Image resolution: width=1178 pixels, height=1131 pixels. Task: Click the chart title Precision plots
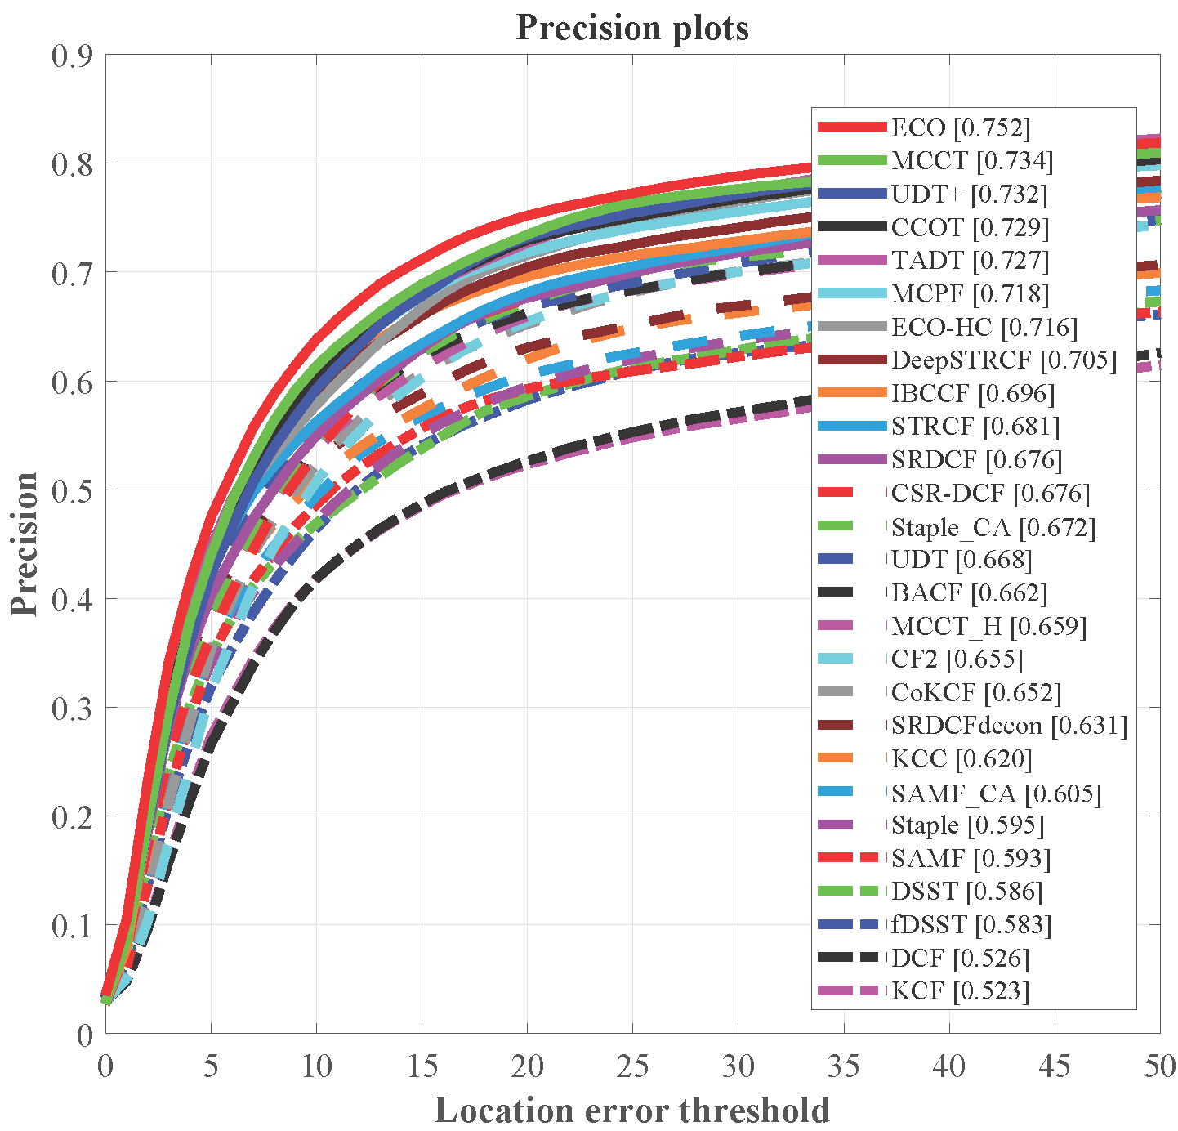(x=632, y=28)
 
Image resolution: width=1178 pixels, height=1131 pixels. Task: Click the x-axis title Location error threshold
(x=632, y=1111)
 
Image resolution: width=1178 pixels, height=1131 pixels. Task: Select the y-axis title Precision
(x=25, y=543)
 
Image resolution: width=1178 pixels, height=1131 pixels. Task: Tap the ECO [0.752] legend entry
(x=961, y=127)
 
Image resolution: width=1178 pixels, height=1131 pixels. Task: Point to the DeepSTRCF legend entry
(x=1004, y=360)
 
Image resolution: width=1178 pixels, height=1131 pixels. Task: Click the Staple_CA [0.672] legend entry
(x=993, y=527)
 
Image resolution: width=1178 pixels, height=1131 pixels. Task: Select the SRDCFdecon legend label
(x=1009, y=726)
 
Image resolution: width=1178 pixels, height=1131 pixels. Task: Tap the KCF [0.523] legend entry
(x=960, y=991)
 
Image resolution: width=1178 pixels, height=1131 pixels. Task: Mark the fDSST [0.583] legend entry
(x=971, y=925)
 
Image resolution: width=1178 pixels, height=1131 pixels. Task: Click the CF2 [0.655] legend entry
(x=957, y=659)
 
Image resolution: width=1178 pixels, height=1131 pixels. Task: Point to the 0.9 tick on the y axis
(x=72, y=56)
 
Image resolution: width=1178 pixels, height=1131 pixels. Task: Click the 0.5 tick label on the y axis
(x=72, y=490)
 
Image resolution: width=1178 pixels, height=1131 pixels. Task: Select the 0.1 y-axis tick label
(x=72, y=926)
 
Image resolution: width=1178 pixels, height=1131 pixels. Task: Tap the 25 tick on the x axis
(x=633, y=1066)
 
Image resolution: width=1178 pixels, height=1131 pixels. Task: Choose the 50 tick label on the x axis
(x=1159, y=1066)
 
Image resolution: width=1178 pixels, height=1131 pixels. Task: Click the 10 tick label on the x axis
(x=316, y=1066)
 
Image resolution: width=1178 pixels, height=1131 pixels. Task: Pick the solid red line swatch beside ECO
(x=852, y=127)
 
